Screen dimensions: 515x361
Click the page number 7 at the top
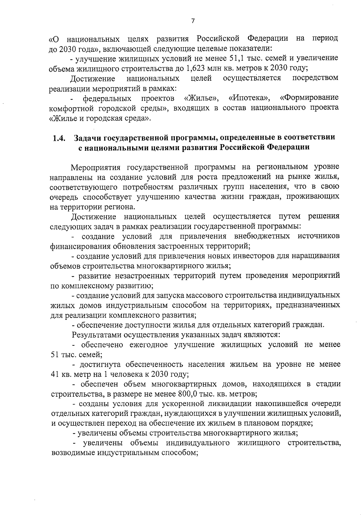(193, 21)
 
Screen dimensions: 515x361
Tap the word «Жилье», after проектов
(201, 98)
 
